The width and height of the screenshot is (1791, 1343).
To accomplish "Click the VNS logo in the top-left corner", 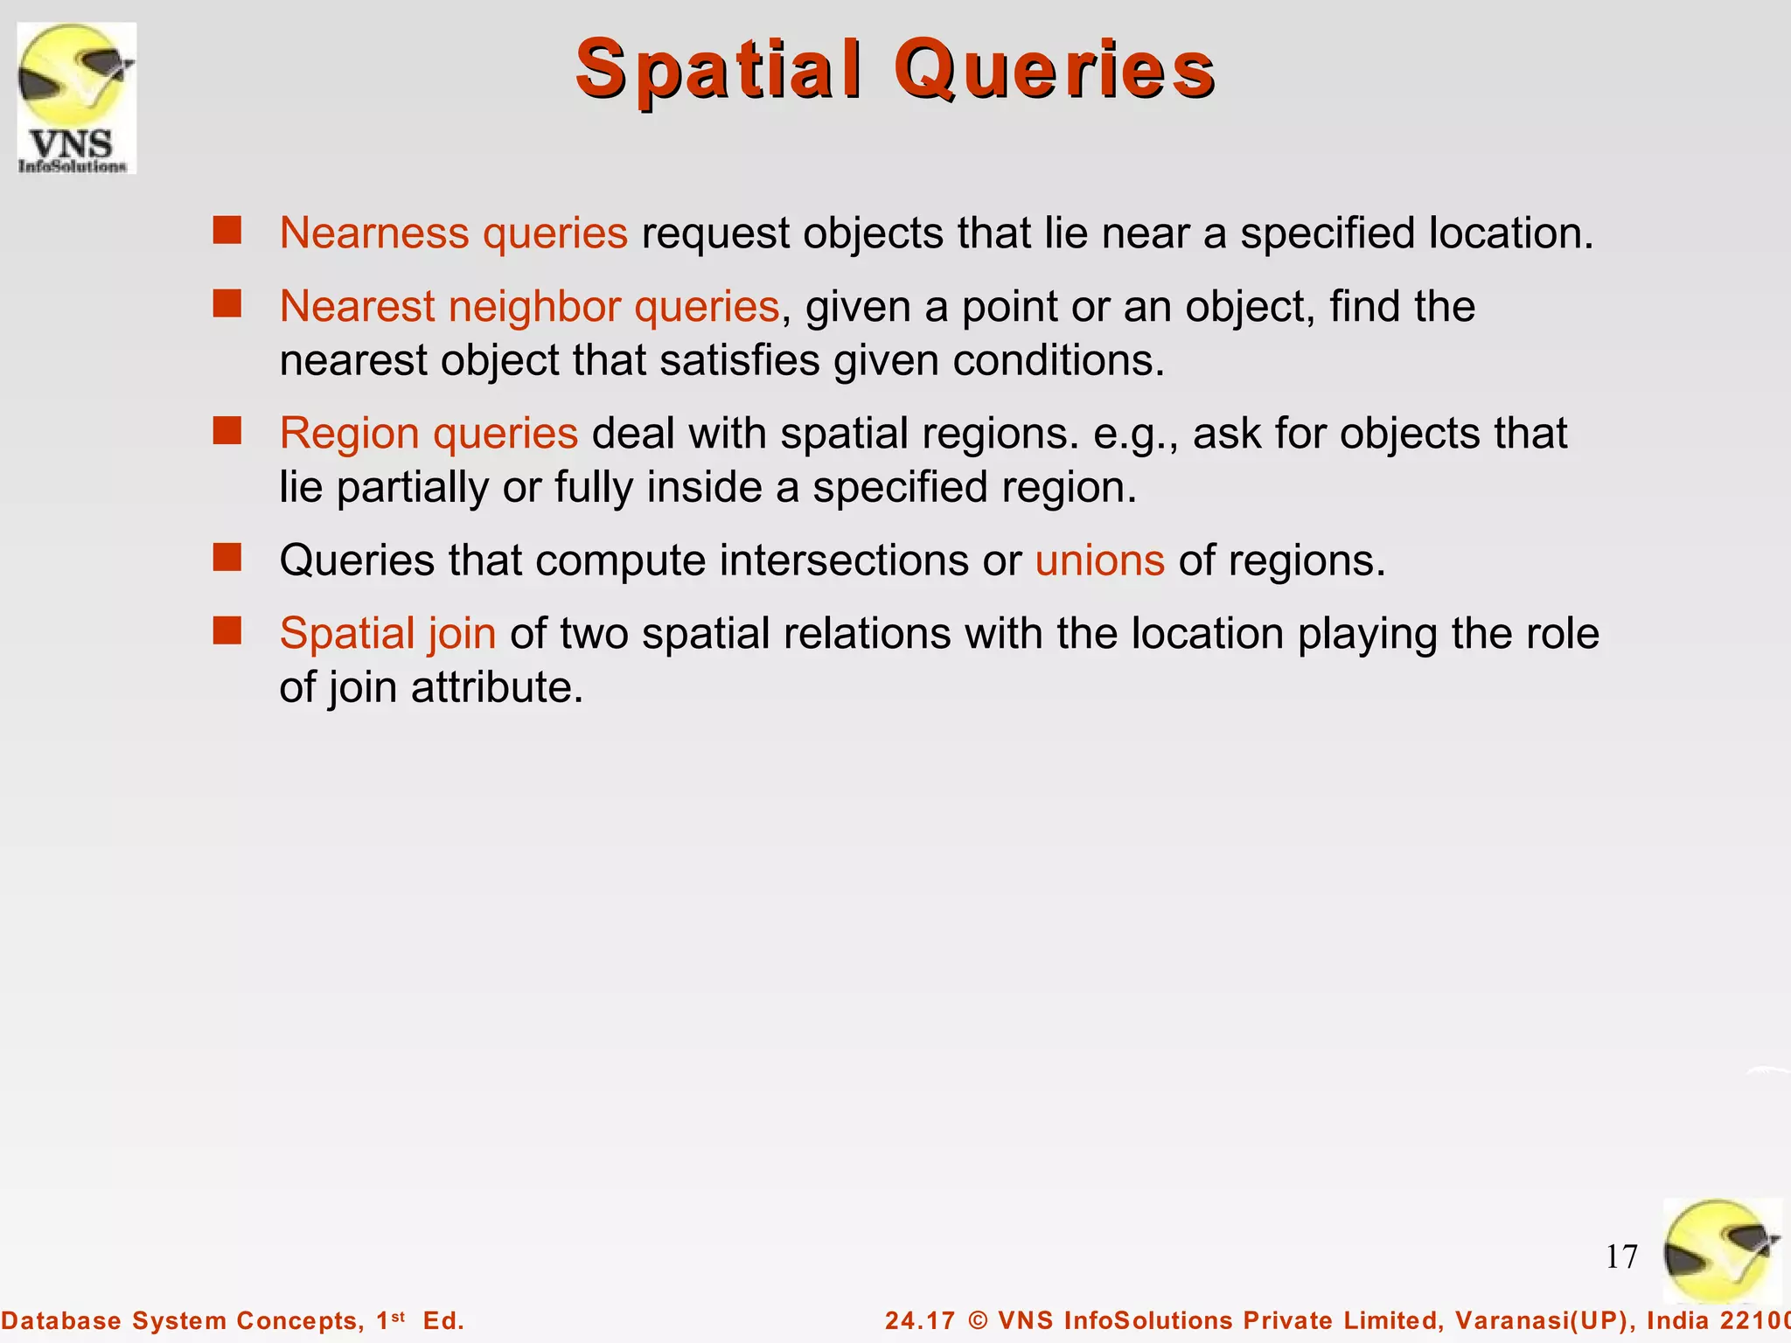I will [x=77, y=98].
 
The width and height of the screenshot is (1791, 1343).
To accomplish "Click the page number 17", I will [x=1621, y=1257].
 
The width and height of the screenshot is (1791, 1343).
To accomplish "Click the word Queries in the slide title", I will [x=1054, y=70].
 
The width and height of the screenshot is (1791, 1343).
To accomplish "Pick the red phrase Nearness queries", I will [x=453, y=233].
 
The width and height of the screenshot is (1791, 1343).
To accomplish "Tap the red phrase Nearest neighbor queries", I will [x=529, y=307].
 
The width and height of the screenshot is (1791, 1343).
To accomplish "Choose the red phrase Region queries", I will [x=429, y=434].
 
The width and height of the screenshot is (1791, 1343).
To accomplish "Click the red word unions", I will [x=1099, y=560].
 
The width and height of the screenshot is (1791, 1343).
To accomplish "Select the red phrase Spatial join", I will [x=387, y=634].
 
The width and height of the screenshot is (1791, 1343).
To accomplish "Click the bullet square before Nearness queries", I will [x=227, y=231].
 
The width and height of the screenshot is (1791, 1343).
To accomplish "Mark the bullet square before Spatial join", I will [x=227, y=630].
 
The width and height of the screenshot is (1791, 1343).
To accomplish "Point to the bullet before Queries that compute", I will [x=227, y=557].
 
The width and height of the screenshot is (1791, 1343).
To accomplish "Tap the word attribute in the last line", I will [x=497, y=688].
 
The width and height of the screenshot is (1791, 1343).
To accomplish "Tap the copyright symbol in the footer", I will [x=978, y=1320].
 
